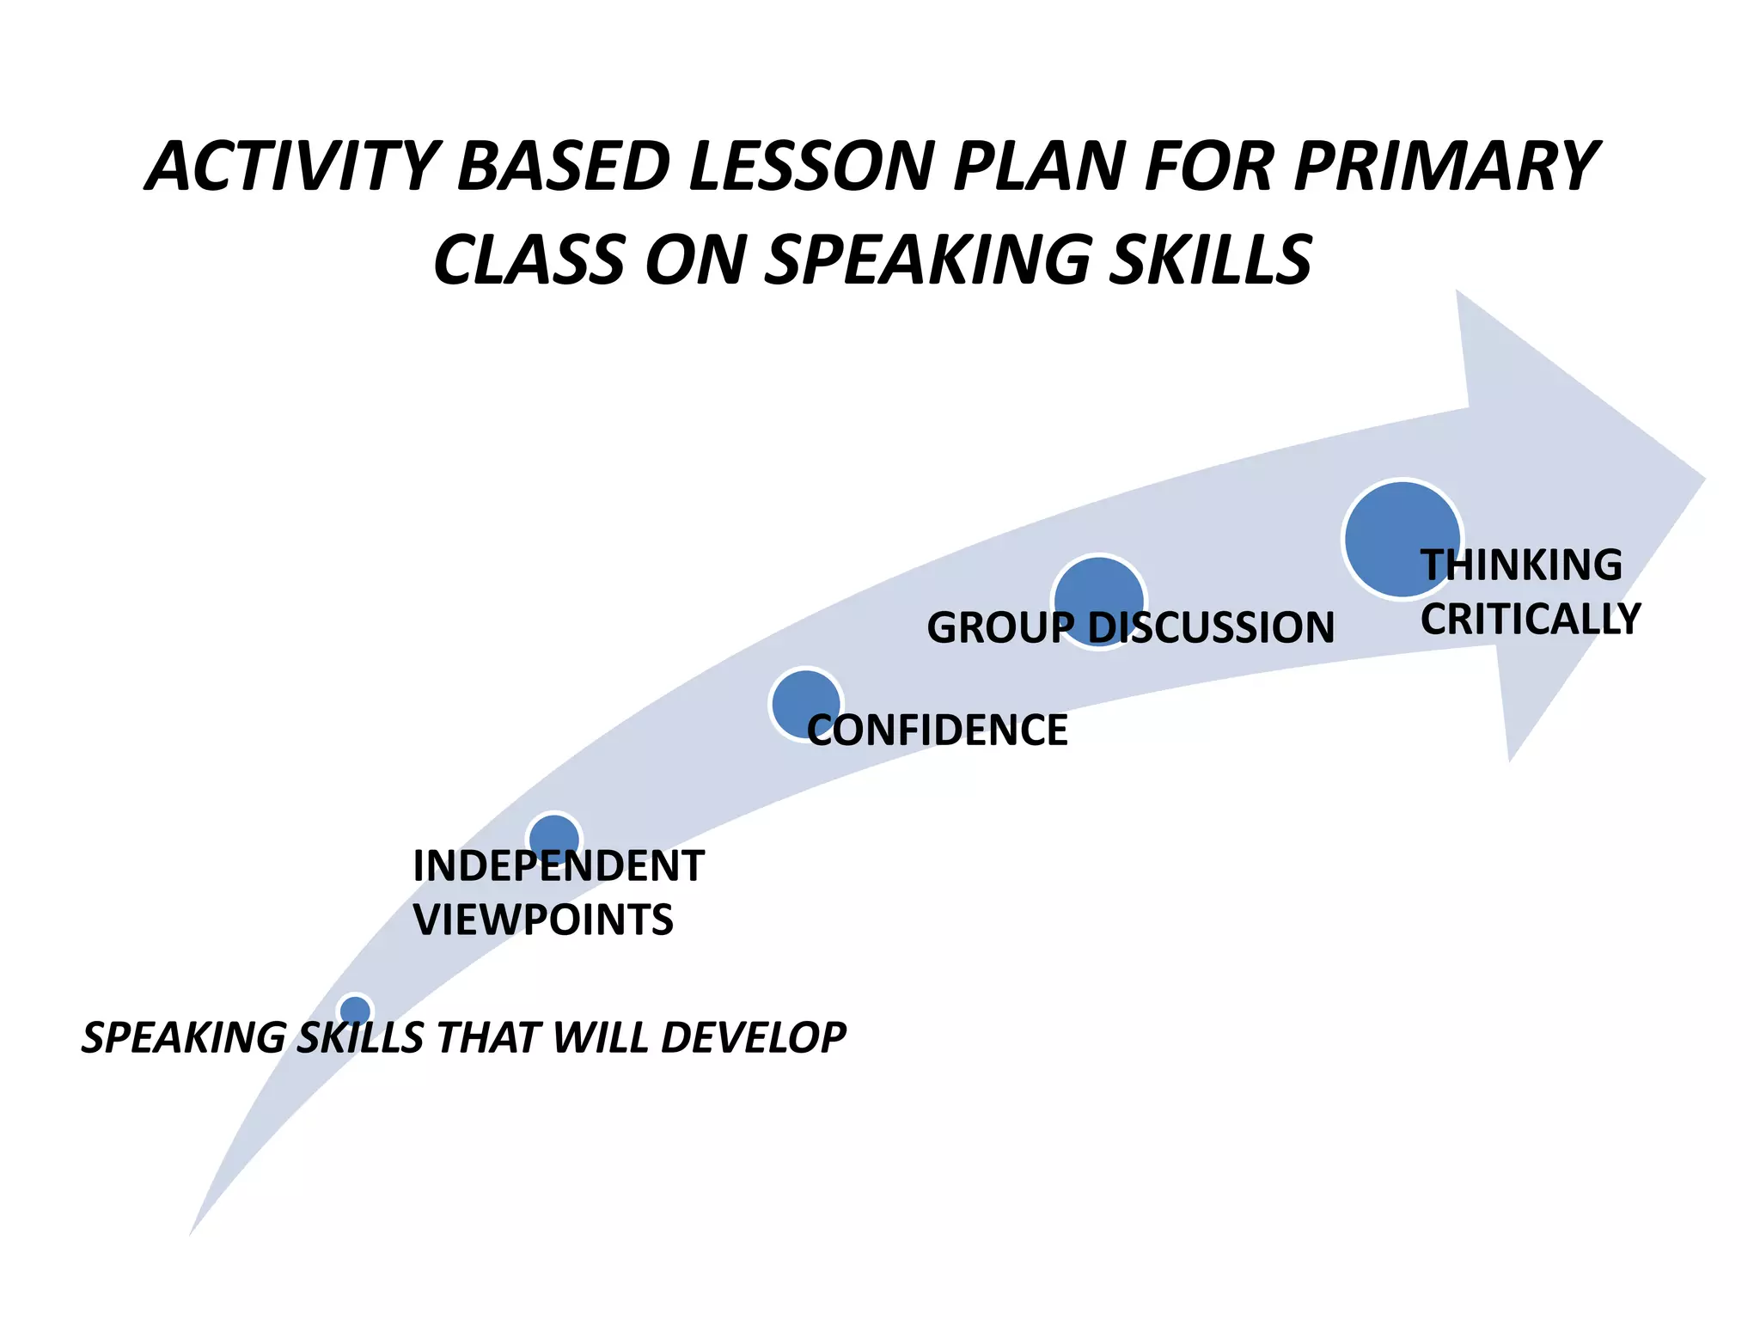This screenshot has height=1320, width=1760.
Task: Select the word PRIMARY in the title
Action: click(x=1444, y=167)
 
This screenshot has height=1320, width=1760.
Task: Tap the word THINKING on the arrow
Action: click(x=1521, y=565)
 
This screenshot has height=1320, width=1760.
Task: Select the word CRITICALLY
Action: click(x=1530, y=620)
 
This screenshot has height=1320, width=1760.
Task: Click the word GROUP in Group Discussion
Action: click(x=999, y=627)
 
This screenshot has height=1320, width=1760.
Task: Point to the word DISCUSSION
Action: click(x=1212, y=627)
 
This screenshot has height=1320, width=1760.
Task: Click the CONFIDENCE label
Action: click(x=937, y=730)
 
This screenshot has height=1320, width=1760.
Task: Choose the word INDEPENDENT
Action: click(x=559, y=865)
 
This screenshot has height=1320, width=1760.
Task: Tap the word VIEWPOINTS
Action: click(x=543, y=920)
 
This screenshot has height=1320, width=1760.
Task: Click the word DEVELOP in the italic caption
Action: click(x=753, y=1037)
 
